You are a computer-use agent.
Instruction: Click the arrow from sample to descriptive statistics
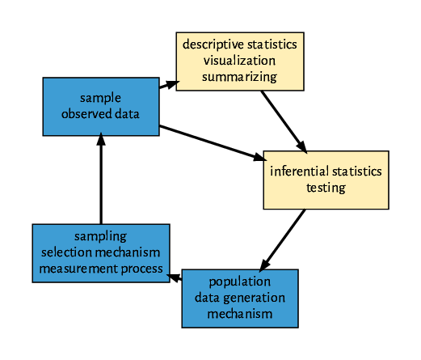point(167,84)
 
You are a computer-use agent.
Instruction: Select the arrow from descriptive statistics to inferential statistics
point(284,121)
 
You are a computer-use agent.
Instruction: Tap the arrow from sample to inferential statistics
point(211,142)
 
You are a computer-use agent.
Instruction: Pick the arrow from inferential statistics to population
point(282,239)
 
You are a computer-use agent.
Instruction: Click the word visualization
point(239,60)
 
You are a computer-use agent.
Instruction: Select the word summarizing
point(239,77)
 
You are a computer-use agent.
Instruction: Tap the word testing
point(326,188)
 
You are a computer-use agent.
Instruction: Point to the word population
point(240,282)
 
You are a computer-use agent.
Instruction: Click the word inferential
point(299,172)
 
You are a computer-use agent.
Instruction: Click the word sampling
point(101,236)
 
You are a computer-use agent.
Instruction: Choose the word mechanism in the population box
point(239,314)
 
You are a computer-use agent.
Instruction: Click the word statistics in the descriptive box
point(271,44)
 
